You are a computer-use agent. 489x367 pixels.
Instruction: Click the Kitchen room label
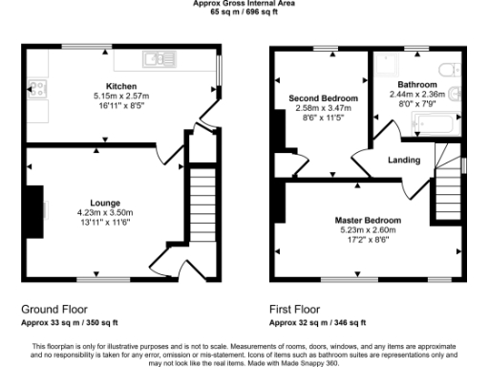pos(121,86)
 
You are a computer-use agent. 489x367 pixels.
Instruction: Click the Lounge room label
pos(105,203)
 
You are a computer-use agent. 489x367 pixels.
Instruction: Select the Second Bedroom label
pos(324,98)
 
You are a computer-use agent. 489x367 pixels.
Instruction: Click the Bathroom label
pos(417,84)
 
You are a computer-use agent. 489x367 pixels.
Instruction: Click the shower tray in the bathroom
pos(391,65)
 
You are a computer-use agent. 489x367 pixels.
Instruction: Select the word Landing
pos(404,160)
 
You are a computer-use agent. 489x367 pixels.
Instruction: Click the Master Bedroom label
pos(368,221)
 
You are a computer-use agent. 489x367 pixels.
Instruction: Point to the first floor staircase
pos(448,182)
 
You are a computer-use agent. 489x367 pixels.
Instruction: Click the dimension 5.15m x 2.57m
pos(121,96)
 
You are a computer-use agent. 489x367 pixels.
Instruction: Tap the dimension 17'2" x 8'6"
pos(368,240)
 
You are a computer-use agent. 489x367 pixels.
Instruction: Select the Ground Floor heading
pos(55,310)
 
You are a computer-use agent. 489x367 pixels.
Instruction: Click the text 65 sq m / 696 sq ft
pos(244,11)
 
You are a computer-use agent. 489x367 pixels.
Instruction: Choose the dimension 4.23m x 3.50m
pos(105,212)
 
